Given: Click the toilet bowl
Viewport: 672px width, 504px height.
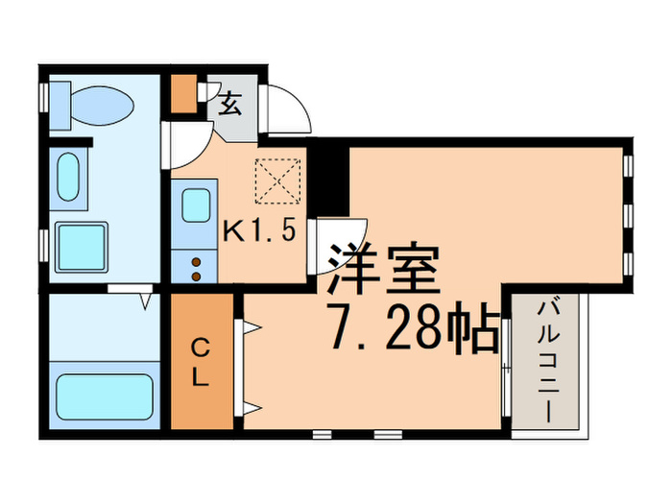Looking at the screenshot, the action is click(102, 106).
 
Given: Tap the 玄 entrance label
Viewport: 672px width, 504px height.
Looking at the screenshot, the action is click(230, 104).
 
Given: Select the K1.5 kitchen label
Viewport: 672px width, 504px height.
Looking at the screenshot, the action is click(260, 231).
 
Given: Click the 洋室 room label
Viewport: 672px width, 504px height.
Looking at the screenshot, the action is click(384, 270).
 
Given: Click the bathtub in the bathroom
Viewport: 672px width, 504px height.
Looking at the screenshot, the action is click(105, 396).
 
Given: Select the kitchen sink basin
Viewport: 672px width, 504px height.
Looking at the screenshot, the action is click(196, 205).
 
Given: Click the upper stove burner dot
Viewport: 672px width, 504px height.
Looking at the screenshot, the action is click(196, 262).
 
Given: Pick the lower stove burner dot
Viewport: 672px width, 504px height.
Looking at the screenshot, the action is click(196, 276).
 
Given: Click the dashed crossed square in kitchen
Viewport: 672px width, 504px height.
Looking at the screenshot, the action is click(277, 180).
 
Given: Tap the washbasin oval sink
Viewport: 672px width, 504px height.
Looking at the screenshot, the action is click(68, 177).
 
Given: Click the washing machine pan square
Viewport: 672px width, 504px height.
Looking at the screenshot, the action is click(82, 247).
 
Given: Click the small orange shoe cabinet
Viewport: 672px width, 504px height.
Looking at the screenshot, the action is click(184, 93).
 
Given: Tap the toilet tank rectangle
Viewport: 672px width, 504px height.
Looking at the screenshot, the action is click(60, 106).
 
